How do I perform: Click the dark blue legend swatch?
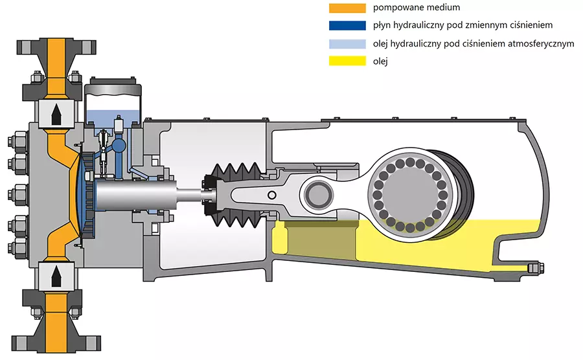(x=349, y=27)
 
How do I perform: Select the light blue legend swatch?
(x=349, y=44)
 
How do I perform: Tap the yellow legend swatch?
(x=349, y=62)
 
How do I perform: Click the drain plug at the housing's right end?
(x=536, y=267)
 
